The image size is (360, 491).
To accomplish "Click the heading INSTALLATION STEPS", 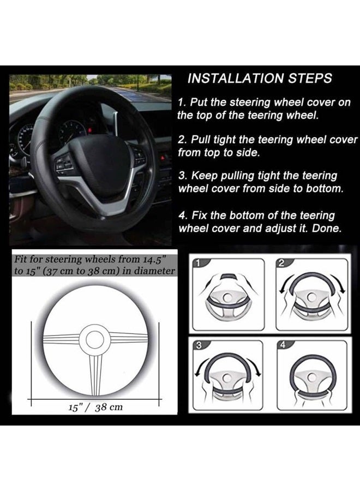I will (x=259, y=78).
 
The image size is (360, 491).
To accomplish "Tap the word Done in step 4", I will (x=326, y=229).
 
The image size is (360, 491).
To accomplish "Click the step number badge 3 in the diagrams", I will (x=199, y=345).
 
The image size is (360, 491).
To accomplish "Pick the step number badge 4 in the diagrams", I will (x=281, y=345).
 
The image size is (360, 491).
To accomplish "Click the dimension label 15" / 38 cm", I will (x=95, y=407).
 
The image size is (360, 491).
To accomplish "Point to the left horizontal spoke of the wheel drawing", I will (x=61, y=339).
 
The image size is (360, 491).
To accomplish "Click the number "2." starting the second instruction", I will (x=182, y=140).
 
